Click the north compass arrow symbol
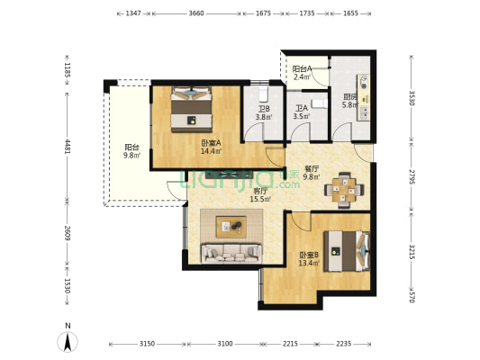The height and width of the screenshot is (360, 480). pos(68,342)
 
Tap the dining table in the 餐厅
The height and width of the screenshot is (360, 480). pos(344,190)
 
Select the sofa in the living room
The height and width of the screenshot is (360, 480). pos(231,253)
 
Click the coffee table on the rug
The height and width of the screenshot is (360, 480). pos(231,227)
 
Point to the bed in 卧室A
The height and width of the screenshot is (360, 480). pos(191,109)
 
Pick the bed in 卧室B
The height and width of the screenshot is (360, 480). pos(347,251)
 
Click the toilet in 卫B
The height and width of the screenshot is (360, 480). pos(263,94)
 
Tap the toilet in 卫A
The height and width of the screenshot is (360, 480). pos(320,104)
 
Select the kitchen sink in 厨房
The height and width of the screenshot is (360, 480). pos(364,112)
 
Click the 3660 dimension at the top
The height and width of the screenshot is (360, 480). pos(196,13)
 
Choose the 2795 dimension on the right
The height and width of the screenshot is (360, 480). pos(412,176)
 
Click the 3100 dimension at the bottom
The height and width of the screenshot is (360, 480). pos(225,344)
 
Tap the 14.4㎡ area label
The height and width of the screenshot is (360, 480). pos(212,151)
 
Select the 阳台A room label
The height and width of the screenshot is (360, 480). pos(302,69)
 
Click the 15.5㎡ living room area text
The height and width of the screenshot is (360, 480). pos(260,200)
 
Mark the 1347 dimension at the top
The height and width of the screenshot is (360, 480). pos(133,13)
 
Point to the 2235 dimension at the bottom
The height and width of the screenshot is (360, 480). pos(344,344)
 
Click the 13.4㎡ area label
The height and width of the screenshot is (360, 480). pos(309,263)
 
